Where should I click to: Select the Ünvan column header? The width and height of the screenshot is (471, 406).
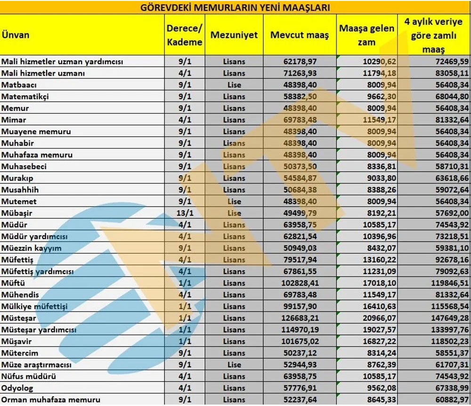click(16, 35)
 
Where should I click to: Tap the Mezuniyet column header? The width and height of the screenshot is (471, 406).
click(234, 35)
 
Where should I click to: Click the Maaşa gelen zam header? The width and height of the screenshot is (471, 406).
click(366, 35)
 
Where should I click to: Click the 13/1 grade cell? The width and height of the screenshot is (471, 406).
click(185, 213)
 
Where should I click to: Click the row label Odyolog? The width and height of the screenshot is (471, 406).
click(17, 388)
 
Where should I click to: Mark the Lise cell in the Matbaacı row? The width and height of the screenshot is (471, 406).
click(234, 85)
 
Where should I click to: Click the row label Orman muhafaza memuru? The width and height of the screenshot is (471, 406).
click(51, 400)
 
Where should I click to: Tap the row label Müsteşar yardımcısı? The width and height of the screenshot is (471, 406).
click(39, 330)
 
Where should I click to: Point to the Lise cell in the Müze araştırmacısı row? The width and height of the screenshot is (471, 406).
click(234, 365)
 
